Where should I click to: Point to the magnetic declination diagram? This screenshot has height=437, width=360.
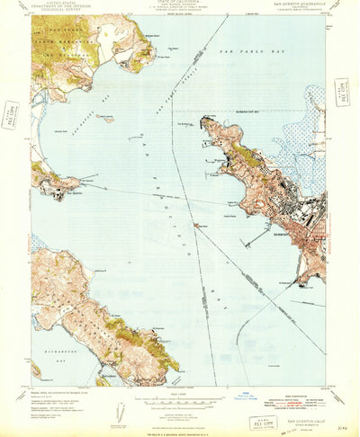[x=120, y=409]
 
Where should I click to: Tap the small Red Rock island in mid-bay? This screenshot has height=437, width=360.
[x=195, y=224]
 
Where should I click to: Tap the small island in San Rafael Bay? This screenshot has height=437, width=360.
[x=105, y=118]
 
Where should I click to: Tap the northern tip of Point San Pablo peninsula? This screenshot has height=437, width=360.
[x=206, y=118]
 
